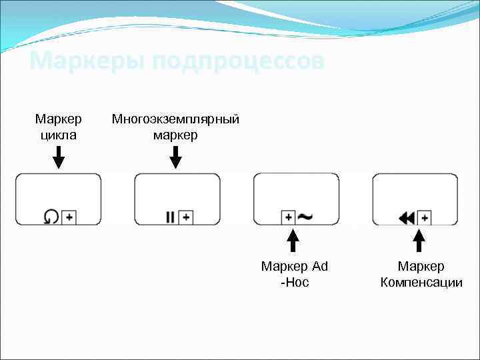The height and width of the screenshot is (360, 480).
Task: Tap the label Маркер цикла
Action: click(x=59, y=127)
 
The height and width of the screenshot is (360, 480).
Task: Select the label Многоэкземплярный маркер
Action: click(x=175, y=127)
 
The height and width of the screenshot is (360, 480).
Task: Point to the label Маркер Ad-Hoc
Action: click(x=295, y=274)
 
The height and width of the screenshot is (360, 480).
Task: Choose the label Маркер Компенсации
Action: click(x=421, y=274)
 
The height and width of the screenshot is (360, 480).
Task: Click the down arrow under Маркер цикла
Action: click(x=59, y=157)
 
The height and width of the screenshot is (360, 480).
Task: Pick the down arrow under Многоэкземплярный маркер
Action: click(x=175, y=157)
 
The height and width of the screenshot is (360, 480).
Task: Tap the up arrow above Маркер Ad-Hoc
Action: click(x=292, y=241)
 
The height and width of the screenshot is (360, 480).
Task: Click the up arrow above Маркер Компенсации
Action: click(x=419, y=241)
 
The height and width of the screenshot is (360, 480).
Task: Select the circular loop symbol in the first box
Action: click(x=51, y=217)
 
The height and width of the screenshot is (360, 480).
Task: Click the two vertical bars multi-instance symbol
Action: click(x=171, y=217)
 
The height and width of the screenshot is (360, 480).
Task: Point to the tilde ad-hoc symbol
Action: click(x=306, y=217)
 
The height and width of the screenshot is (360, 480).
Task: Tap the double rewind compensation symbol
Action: click(x=407, y=217)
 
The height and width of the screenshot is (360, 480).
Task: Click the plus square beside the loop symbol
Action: click(x=69, y=217)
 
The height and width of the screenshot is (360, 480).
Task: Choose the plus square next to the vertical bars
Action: click(x=186, y=217)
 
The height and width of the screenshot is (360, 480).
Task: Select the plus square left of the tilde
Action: click(x=288, y=217)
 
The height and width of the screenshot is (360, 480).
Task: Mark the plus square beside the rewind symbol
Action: click(x=424, y=217)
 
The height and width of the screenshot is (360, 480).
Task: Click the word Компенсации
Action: click(x=421, y=283)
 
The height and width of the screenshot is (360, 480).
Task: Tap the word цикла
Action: click(x=59, y=135)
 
